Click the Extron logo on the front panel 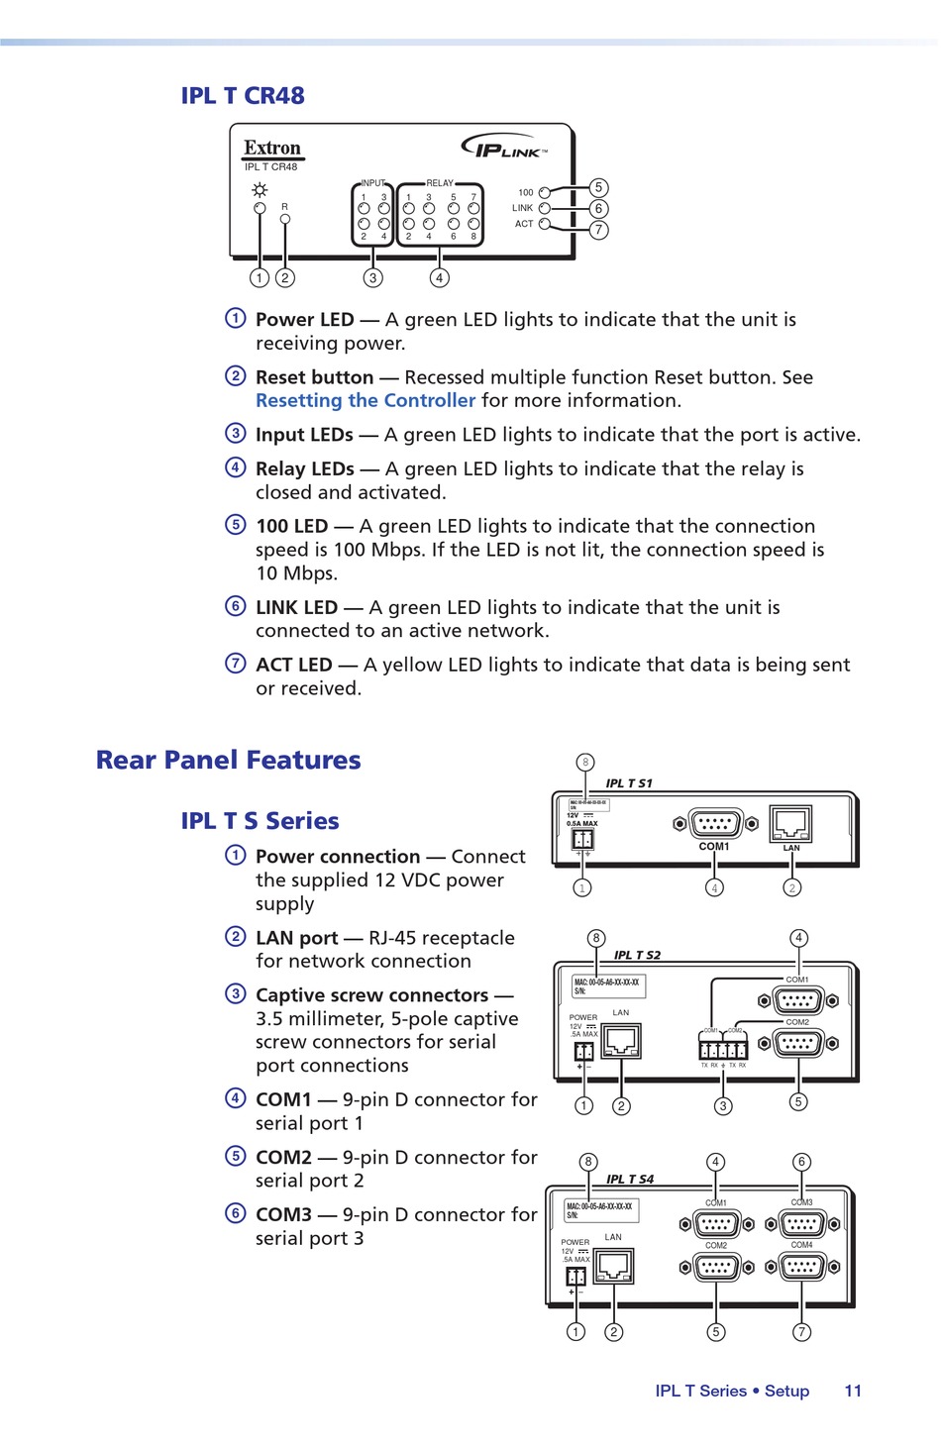coord(272,149)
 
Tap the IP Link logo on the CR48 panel coord(505,148)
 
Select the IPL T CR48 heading coord(243,96)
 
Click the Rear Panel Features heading coord(228,760)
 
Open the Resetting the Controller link coord(366,400)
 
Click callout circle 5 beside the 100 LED coord(598,187)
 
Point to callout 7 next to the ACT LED coord(598,230)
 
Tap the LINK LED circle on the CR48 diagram coord(544,208)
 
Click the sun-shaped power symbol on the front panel coord(260,190)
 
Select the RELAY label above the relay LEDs coord(439,183)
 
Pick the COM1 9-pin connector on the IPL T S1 coord(715,823)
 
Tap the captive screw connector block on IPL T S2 coord(723,1049)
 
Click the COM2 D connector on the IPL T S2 coord(797,1043)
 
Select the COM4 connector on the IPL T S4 coord(802,1266)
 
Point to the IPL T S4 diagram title coord(630,1179)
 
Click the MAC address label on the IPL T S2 coord(607,985)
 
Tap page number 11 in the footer coord(853,1391)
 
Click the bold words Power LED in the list coord(304,320)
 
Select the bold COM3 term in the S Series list coord(283,1214)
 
